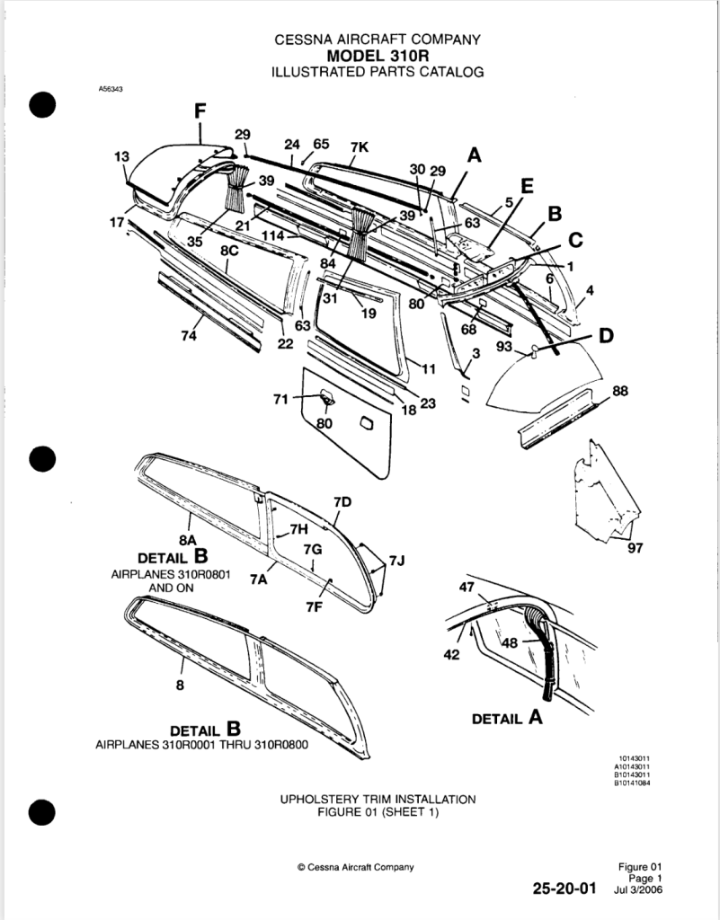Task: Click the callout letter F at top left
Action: pos(200,111)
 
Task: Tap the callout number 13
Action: pos(121,156)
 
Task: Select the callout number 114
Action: pos(275,235)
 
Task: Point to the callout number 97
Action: pos(636,546)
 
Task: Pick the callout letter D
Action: pos(607,336)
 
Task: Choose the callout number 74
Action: pos(189,335)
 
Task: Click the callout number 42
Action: pos(451,654)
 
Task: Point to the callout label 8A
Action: pos(189,538)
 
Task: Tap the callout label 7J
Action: pos(396,562)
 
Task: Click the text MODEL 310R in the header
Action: pos(378,55)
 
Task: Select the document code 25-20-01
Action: pos(564,889)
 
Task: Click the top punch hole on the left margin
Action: pos(42,105)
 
